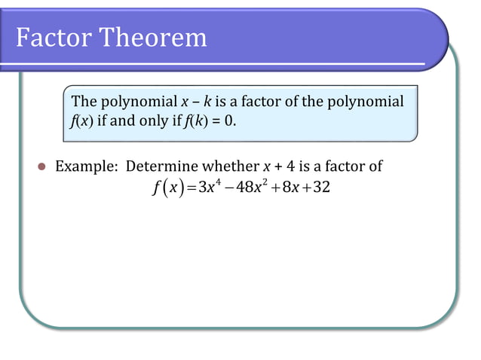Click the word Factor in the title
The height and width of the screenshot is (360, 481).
[55, 37]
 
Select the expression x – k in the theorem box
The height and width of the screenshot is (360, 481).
[195, 102]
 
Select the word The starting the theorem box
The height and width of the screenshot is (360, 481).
[83, 102]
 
